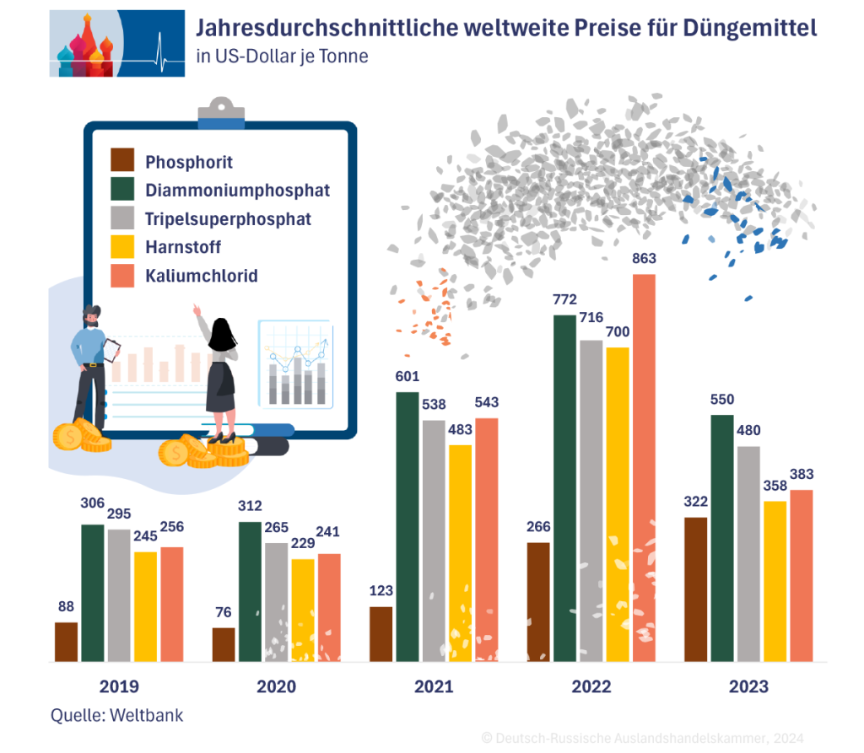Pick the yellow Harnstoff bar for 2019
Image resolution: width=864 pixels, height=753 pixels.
[145, 606]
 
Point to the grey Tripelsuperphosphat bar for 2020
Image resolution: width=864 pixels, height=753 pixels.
[277, 602]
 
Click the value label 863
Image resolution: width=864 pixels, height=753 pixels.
[644, 259]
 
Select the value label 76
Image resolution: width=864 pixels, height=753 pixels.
[224, 612]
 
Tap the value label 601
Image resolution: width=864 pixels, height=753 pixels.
[408, 377]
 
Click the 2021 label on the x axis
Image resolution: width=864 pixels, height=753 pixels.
[434, 686]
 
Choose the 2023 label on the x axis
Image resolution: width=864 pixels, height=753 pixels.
[749, 686]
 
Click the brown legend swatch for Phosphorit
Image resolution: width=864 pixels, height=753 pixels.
[123, 160]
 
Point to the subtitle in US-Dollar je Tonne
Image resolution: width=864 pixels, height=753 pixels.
[282, 57]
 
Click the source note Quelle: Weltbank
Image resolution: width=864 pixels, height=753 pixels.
[116, 715]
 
